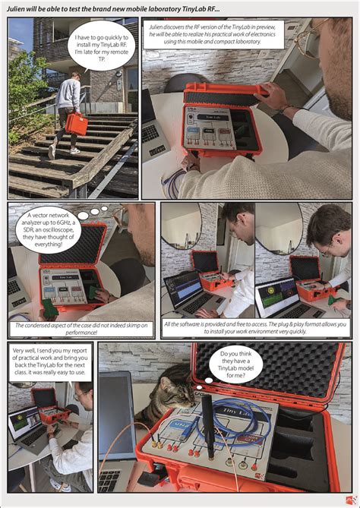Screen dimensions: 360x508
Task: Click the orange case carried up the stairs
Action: click(76, 124)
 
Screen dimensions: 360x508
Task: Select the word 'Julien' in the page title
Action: click(15, 9)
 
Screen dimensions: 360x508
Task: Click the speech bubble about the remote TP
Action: click(102, 46)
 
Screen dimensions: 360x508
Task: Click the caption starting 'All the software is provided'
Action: click(255, 327)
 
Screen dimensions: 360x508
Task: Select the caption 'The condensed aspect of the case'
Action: click(84, 329)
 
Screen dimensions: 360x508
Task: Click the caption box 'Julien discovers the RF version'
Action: click(213, 34)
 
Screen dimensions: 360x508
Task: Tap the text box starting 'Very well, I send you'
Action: click(50, 361)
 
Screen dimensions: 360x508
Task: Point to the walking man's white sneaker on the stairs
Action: click(52, 152)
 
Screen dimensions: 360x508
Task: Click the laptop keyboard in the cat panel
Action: click(109, 481)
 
